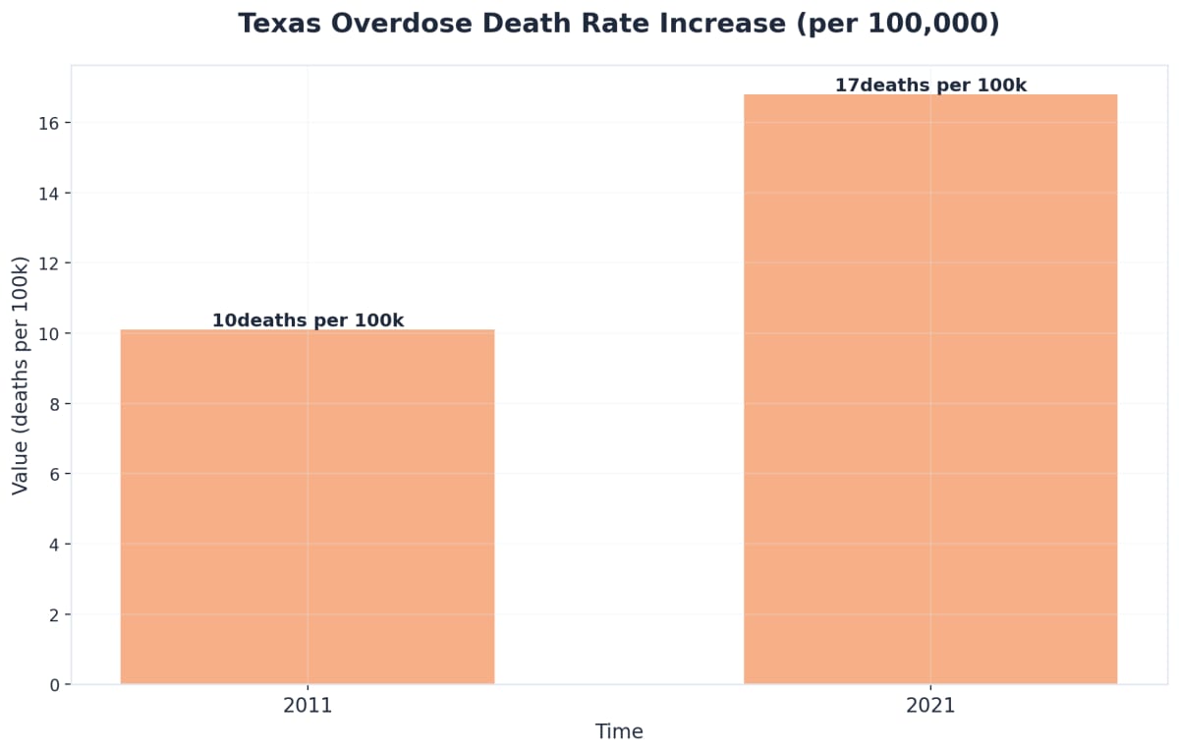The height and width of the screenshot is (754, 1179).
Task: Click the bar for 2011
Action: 308,506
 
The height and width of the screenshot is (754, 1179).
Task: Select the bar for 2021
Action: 930,388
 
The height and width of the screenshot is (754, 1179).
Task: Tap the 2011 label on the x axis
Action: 308,706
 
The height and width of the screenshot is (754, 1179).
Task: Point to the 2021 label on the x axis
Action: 930,706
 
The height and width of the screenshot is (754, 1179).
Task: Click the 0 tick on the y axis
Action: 55,684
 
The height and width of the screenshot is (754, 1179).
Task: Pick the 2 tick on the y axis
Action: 55,614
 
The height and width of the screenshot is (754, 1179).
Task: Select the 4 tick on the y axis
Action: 55,544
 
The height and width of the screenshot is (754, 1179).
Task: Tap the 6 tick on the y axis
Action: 55,474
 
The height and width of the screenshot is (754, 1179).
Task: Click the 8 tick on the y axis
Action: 55,404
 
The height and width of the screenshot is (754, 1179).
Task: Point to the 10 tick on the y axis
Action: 50,333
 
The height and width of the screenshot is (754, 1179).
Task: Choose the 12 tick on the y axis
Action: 50,263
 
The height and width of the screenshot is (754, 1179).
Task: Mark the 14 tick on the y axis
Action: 50,193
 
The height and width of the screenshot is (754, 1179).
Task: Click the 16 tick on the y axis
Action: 50,123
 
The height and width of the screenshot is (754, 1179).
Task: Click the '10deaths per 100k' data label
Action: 308,320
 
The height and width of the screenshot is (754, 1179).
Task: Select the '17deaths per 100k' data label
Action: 930,86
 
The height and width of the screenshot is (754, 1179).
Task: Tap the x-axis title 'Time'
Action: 619,732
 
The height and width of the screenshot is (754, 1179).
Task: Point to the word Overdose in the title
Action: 404,24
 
